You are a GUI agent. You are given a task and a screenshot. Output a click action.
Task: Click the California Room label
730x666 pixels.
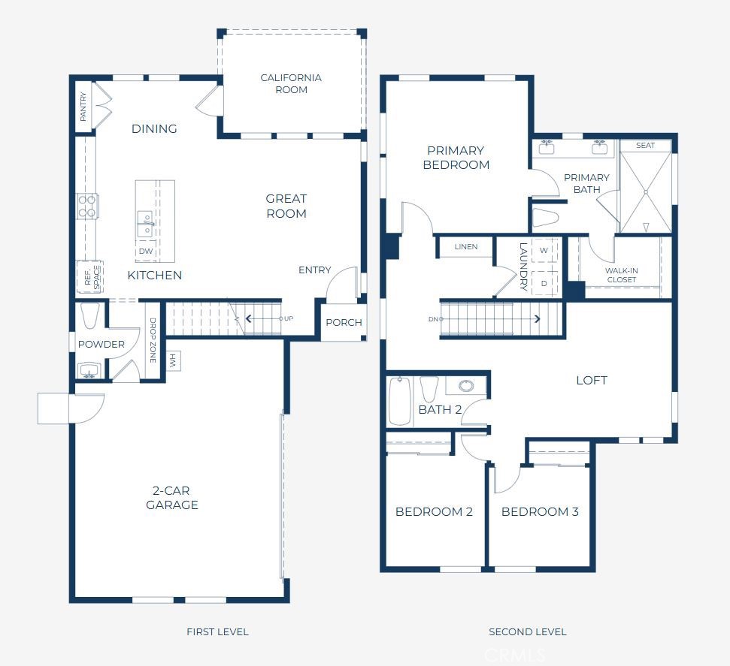click(x=291, y=83)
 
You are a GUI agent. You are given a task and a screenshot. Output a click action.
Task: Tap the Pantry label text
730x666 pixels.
click(x=83, y=107)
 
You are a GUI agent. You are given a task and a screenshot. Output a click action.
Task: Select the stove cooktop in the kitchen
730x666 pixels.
click(x=87, y=206)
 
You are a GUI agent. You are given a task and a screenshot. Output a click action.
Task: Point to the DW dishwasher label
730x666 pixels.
click(x=145, y=251)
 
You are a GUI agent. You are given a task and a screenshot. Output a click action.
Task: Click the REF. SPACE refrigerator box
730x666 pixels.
click(x=88, y=277)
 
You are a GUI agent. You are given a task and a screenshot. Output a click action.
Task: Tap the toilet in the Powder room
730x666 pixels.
click(x=90, y=316)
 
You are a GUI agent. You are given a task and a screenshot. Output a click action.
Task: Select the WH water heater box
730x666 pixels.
click(x=171, y=361)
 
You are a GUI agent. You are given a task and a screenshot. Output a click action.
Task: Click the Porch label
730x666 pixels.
click(x=344, y=323)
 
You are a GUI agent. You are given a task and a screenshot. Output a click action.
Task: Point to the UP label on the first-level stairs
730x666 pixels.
click(x=289, y=318)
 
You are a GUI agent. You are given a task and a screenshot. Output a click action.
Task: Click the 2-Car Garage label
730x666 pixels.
click(x=172, y=498)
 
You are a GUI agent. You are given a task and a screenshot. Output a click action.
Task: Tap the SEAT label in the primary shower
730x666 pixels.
click(x=645, y=145)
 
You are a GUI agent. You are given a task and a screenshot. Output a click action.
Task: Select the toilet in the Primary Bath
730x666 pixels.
click(x=546, y=218)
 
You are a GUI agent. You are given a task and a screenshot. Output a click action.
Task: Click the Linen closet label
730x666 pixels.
click(x=465, y=247)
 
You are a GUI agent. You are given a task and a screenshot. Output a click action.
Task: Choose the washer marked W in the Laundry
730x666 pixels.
click(x=544, y=250)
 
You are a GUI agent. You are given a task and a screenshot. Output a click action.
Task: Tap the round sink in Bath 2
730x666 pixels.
click(x=466, y=386)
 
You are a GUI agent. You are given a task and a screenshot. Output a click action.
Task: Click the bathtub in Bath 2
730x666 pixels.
click(x=399, y=401)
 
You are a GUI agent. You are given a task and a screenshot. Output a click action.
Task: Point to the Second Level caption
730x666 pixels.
click(x=527, y=631)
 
